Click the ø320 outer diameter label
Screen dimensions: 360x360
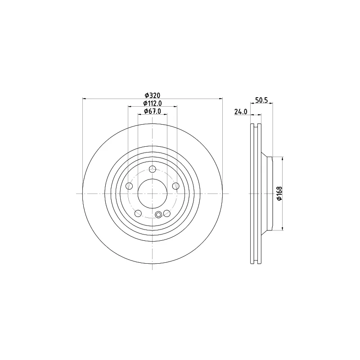(x=153, y=95)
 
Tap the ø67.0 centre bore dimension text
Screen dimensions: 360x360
(x=153, y=111)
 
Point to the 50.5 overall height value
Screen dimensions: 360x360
(x=261, y=101)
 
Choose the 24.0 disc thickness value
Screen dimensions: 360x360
(x=241, y=112)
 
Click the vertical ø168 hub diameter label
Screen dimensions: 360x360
(x=279, y=193)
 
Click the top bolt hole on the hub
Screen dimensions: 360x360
(x=153, y=169)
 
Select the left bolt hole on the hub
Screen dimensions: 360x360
(x=130, y=186)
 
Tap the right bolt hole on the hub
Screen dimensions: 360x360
(x=175, y=186)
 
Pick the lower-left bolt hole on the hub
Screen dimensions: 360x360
(x=138, y=213)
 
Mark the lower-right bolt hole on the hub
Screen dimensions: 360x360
(x=166, y=213)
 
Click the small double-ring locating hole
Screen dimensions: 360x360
(x=158, y=215)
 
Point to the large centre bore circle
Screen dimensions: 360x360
(x=153, y=193)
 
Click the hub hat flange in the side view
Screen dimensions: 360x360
(x=270, y=193)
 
